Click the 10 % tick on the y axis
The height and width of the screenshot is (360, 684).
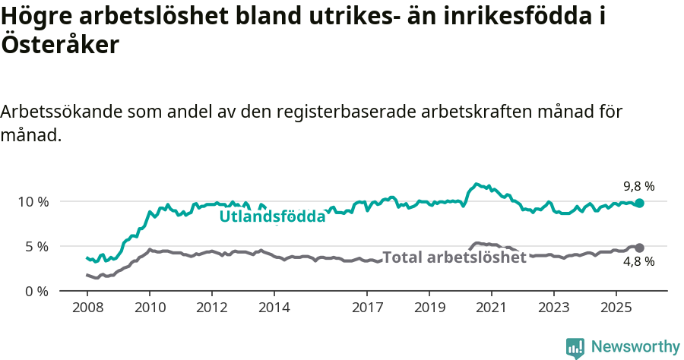(x=33, y=201)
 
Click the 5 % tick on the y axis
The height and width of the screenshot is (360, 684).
(x=36, y=246)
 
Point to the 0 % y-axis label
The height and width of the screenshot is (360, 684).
(x=36, y=291)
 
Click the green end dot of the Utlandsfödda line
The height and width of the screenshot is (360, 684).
(x=640, y=203)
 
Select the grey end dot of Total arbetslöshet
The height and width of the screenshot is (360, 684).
(x=640, y=248)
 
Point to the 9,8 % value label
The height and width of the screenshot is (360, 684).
(x=638, y=186)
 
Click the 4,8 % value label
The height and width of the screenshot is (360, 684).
(x=638, y=262)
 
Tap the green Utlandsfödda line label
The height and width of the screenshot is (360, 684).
(x=272, y=216)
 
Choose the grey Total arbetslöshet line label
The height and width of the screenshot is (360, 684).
(x=454, y=257)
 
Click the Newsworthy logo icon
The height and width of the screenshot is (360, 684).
(x=575, y=348)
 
